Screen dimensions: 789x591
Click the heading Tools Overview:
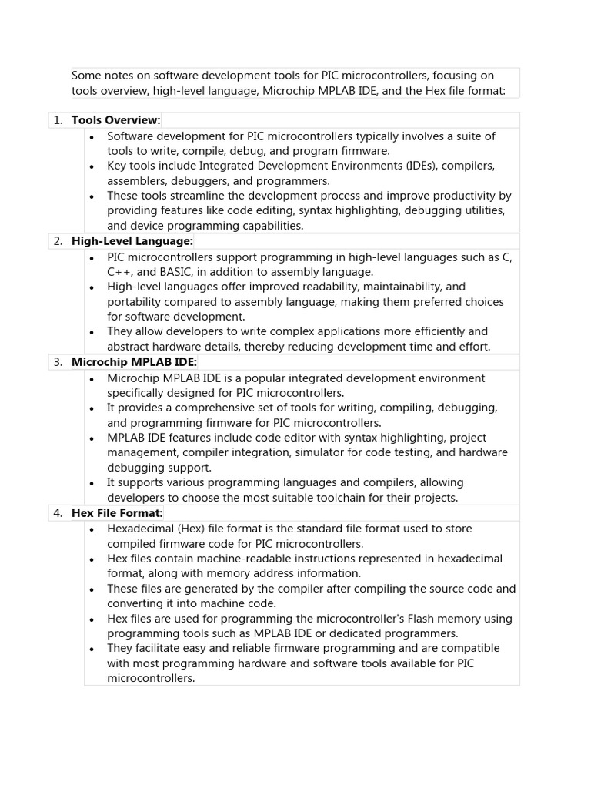coord(115,120)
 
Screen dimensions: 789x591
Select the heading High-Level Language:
coord(132,241)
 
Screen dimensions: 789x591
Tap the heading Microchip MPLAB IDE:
coord(134,362)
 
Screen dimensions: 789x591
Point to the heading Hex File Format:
coord(117,513)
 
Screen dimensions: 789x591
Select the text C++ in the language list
coord(118,272)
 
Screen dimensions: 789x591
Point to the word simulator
coord(347,453)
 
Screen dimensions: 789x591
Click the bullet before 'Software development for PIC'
coord(92,137)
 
